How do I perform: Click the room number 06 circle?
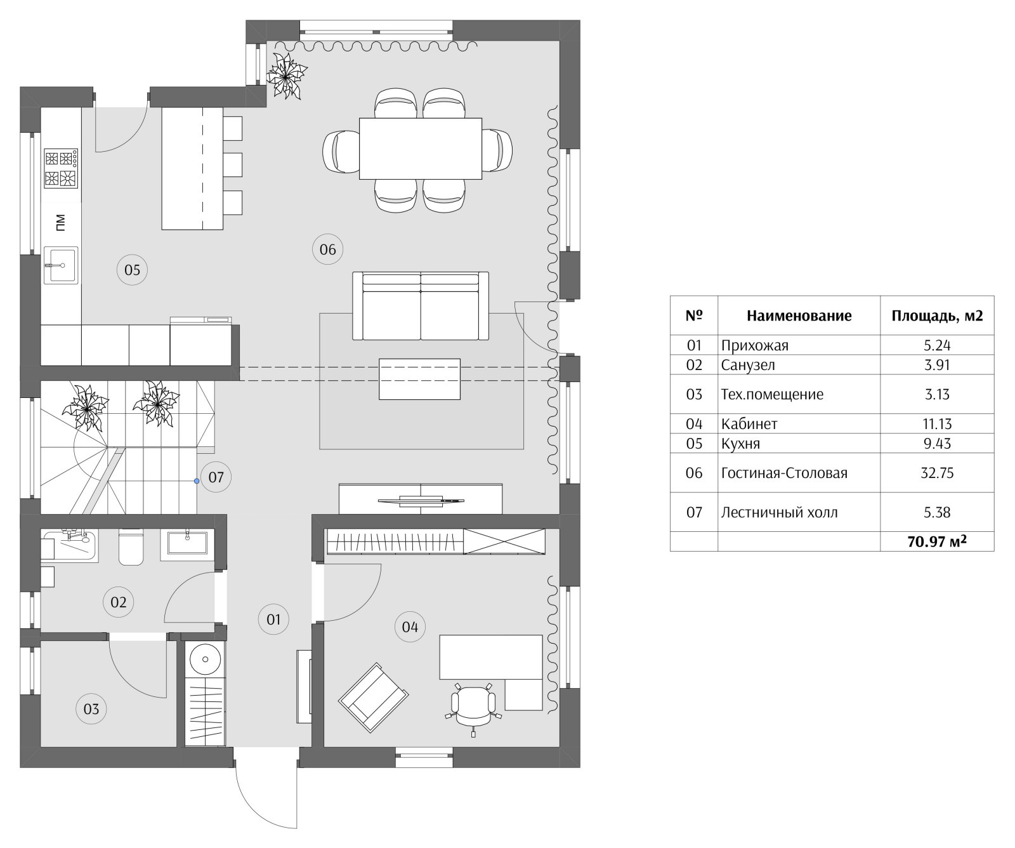click(328, 249)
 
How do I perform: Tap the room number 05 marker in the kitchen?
click(132, 270)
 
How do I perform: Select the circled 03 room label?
click(91, 708)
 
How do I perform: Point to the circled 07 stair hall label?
click(216, 477)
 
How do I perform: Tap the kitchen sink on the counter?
click(61, 265)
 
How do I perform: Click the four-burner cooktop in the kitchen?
click(61, 169)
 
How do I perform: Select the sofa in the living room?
click(421, 306)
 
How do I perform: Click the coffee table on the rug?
click(419, 379)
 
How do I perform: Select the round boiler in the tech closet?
click(206, 659)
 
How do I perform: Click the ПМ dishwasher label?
click(61, 223)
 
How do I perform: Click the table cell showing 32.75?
click(937, 473)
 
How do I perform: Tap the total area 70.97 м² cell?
click(937, 541)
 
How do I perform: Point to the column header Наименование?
click(799, 315)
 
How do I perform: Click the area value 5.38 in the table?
click(937, 512)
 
